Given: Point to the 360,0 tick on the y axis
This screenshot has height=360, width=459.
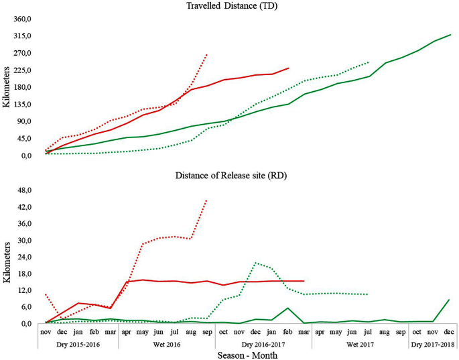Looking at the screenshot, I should click(x=25, y=19).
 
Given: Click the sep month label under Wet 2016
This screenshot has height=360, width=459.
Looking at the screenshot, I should click(x=207, y=331).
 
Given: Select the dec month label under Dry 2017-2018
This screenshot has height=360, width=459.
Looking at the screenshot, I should click(x=449, y=331).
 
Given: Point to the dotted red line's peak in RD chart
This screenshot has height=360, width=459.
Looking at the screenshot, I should click(x=207, y=200).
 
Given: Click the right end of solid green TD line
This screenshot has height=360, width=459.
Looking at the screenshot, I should click(x=451, y=35).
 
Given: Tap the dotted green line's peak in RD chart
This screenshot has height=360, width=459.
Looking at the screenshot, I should click(x=256, y=263).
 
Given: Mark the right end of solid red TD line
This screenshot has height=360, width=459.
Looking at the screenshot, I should click(x=288, y=68).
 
